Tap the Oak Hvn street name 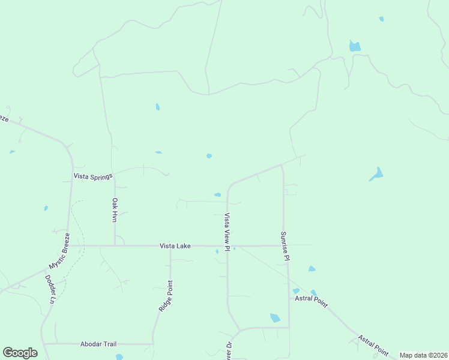(114, 210)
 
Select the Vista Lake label (175, 246)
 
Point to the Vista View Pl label (227, 232)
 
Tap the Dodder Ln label (50, 289)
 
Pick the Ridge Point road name (165, 295)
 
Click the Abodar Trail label (98, 344)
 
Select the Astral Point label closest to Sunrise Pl (311, 301)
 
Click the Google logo (20, 353)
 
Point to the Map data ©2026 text (424, 355)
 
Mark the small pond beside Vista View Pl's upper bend (217, 194)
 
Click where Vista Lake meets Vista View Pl (228, 246)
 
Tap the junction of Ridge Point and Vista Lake (170, 246)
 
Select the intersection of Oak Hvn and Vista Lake (115, 245)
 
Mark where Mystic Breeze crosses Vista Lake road (70, 245)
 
